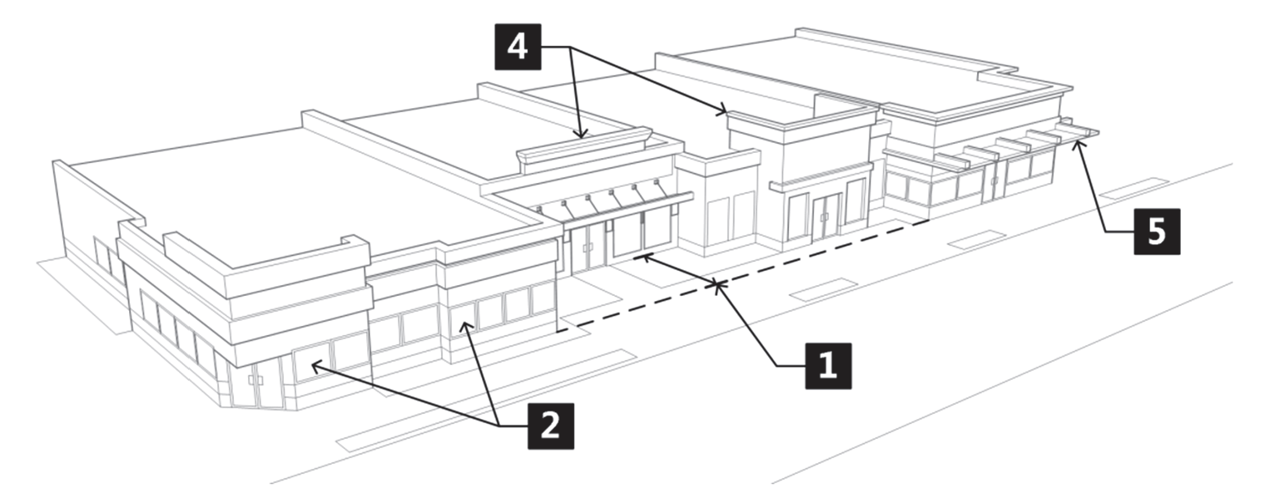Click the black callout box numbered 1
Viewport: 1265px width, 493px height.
click(828, 366)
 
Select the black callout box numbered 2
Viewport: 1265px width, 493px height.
click(551, 426)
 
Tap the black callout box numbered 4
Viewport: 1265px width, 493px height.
click(518, 47)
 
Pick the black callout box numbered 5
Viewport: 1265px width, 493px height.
click(1157, 231)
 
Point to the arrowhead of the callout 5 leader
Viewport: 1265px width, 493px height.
click(1077, 144)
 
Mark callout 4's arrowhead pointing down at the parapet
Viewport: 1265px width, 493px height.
click(581, 133)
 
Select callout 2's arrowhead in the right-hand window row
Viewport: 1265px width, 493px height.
click(466, 325)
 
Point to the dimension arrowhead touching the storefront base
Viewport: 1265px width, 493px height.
click(639, 258)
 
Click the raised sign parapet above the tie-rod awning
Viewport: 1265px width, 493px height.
click(584, 145)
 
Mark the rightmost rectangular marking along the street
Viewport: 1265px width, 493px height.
click(1134, 189)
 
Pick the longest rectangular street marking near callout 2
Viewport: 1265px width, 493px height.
click(487, 401)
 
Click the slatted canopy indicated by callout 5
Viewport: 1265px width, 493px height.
click(1016, 144)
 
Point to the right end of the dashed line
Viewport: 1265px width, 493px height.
click(929, 221)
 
